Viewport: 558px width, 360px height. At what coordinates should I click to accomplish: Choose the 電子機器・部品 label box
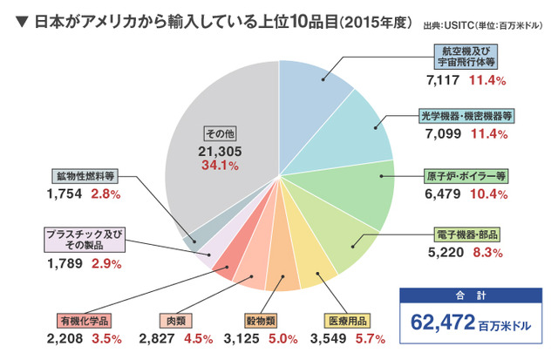472,235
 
